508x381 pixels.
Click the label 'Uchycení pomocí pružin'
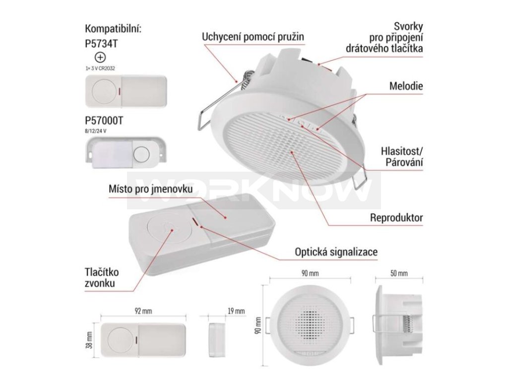[253, 37]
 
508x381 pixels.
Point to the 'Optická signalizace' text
[336, 252]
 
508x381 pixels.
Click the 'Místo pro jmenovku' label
[143, 190]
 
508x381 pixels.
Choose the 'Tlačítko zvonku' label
[101, 278]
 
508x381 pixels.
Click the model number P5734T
[101, 43]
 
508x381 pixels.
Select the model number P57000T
[105, 120]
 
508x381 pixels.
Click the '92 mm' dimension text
[143, 311]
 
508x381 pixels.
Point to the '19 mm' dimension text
[235, 311]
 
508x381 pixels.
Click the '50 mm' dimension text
[399, 273]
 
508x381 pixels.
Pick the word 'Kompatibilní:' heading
[113, 28]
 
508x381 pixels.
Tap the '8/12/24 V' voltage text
[96, 129]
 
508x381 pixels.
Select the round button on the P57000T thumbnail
[142, 153]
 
